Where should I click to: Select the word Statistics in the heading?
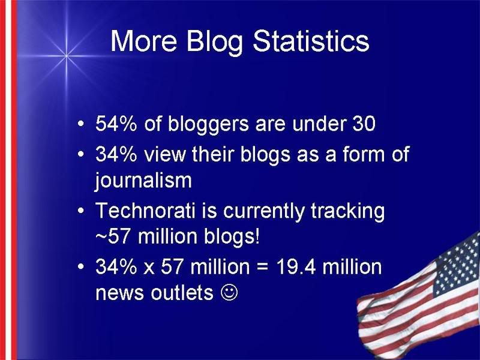311,41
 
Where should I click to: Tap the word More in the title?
143,41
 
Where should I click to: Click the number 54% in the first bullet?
116,124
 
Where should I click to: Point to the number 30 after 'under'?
364,124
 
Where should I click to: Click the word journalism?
143,180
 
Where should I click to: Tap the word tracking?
347,212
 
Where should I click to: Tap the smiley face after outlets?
229,292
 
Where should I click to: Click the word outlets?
182,292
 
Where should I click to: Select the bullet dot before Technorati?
80,211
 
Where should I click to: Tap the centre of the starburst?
66,56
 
